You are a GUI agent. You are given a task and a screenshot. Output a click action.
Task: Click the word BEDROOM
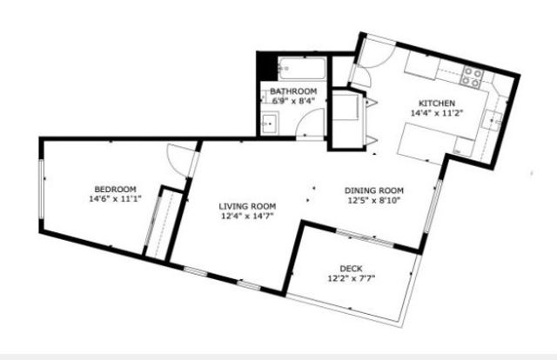pos(115,189)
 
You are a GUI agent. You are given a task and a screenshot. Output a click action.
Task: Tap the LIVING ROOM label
pos(247,206)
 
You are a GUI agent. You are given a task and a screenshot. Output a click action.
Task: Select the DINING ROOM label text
pos(374,190)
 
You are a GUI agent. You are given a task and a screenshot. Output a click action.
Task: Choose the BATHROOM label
pos(293,90)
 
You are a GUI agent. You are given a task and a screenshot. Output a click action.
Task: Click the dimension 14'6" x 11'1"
pos(115,199)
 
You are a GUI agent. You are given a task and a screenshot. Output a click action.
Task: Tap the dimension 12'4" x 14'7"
pos(247,217)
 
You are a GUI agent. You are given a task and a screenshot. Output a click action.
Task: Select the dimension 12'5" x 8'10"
pos(374,201)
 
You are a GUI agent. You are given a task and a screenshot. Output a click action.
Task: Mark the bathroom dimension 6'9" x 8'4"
pos(293,101)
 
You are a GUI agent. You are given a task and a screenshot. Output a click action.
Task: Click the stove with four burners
pos(473,77)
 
